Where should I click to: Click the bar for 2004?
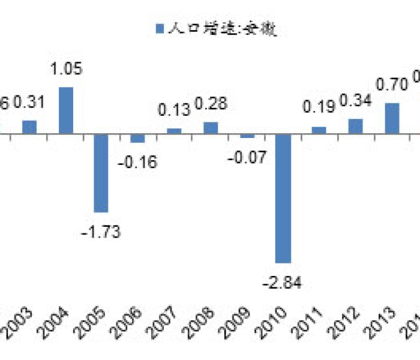point(66,110)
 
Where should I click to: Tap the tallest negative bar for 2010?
point(283,198)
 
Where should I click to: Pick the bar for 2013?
point(392,118)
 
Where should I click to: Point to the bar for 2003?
point(30,127)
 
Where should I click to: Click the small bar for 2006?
point(138,138)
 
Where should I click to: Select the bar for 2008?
point(211,128)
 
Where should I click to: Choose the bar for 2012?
point(356,126)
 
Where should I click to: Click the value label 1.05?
point(66,68)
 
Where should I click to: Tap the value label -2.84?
point(284,283)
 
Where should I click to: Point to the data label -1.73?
point(101,232)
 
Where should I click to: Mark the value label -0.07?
point(246,158)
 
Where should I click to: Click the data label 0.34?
point(355,100)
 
